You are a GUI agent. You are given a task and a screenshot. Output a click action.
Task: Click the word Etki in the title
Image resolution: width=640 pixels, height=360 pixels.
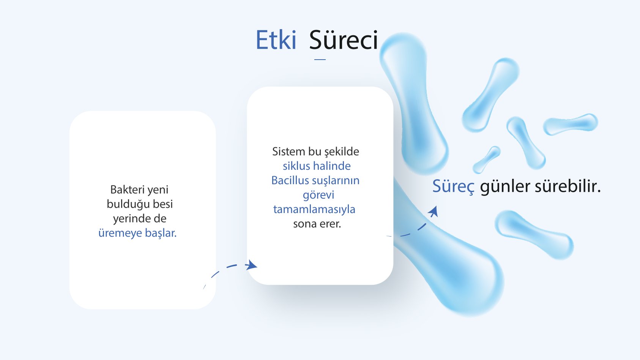[x=276, y=40]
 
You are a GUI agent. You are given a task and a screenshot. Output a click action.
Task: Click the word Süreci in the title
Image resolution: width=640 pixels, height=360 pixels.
[x=344, y=40]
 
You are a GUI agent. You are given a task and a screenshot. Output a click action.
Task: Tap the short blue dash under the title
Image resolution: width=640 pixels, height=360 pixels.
[x=320, y=59]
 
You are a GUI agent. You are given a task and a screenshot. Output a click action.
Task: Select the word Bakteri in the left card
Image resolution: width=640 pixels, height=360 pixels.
[x=124, y=189]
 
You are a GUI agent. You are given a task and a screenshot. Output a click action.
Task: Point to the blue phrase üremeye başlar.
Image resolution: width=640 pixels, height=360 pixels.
[x=137, y=233]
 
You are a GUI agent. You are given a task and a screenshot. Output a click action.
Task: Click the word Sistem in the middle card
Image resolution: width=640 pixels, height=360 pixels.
[x=288, y=152]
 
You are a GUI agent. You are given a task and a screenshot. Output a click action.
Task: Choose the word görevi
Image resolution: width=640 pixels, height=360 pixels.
[x=318, y=195]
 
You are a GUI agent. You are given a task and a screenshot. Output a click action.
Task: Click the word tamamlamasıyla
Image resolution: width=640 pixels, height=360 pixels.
[x=314, y=209]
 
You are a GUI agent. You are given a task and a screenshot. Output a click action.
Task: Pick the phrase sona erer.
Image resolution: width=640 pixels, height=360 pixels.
[x=317, y=224]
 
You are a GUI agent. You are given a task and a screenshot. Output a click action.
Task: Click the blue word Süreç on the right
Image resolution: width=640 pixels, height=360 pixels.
[x=454, y=186]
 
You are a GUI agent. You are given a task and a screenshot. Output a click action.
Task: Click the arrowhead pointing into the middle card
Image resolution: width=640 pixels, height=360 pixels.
[x=251, y=265]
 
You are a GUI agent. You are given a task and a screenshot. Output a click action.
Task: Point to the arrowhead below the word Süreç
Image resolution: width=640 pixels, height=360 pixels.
[x=433, y=212]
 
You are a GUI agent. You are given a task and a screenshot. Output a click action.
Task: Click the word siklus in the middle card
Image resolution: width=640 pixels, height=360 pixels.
[x=296, y=166]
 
